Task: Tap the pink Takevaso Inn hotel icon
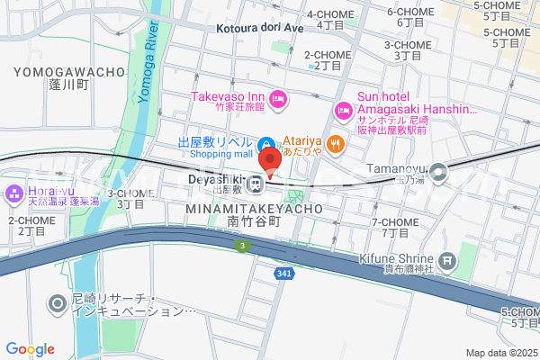point(278,96)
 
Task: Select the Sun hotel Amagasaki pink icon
point(342,111)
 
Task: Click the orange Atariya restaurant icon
point(335,142)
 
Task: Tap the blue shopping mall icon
point(266,145)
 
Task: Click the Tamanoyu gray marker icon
point(438,171)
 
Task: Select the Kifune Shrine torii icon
point(446,263)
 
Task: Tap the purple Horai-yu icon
point(14,193)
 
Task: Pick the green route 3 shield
point(241,245)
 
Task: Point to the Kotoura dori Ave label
point(260,28)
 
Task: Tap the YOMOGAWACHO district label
point(67,70)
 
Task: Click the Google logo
point(30,348)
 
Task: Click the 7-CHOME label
point(393,221)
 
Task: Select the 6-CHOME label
point(405,12)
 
